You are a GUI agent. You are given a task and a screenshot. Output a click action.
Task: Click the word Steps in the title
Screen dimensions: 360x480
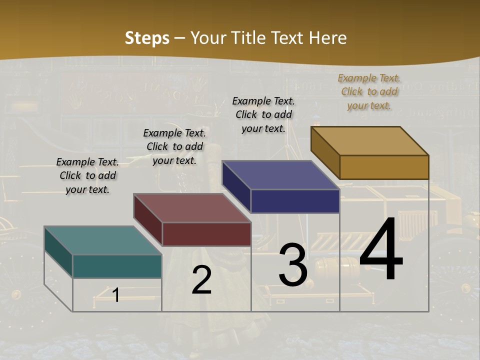(x=147, y=38)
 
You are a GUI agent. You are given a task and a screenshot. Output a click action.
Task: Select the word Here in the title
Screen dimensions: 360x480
(x=327, y=38)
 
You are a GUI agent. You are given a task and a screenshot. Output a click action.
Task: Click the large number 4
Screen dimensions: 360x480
(x=381, y=249)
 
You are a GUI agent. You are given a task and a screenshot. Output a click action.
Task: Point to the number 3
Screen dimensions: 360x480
(x=293, y=265)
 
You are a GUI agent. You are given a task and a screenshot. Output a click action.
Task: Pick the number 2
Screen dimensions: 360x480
(x=201, y=280)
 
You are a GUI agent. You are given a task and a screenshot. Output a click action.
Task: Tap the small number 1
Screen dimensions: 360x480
(x=116, y=295)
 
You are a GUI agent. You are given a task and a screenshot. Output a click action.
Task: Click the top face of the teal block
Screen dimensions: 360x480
(x=102, y=240)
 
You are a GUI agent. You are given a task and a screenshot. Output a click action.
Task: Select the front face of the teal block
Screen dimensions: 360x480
(x=117, y=266)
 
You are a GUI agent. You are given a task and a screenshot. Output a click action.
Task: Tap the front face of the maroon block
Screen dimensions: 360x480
(x=206, y=234)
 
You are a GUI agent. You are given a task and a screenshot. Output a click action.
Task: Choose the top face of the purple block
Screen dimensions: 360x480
(x=280, y=175)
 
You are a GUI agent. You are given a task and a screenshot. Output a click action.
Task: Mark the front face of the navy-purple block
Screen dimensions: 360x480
(x=295, y=201)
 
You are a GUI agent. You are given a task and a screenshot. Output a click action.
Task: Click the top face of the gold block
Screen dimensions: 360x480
(x=369, y=141)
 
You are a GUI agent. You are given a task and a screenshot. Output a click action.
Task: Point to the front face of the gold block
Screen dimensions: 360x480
(x=384, y=167)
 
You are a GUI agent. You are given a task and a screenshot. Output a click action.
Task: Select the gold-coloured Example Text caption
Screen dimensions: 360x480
(x=369, y=91)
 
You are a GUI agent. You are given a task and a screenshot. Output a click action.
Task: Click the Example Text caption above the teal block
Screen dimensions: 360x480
(x=87, y=175)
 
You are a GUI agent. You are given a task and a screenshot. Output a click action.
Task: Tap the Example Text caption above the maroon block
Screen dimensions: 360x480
(x=174, y=146)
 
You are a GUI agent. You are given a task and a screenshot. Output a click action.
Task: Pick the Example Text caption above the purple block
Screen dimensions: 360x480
(x=263, y=114)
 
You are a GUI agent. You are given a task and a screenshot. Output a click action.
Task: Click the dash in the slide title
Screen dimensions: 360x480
(x=180, y=38)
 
